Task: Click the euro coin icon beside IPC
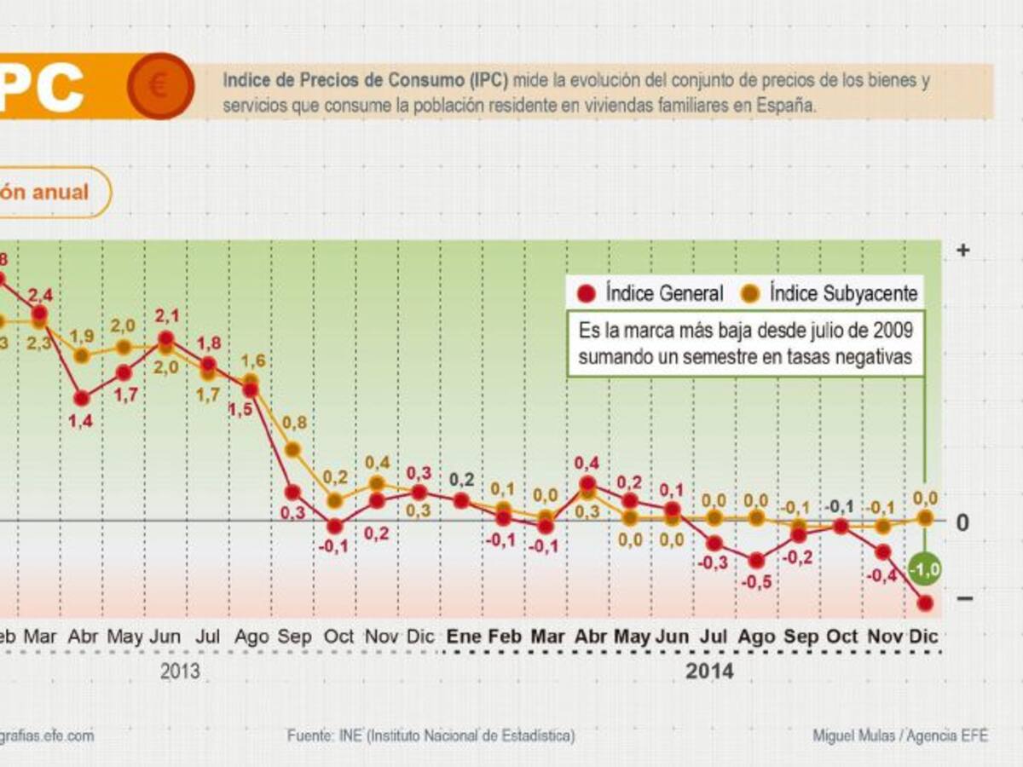tap(159, 86)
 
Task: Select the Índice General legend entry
tap(651, 294)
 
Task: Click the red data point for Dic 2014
tap(925, 603)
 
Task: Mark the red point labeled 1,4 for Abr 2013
tap(82, 398)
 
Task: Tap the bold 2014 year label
tap(709, 672)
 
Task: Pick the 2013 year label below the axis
tap(180, 672)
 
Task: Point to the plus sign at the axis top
tap(963, 251)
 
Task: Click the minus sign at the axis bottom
tap(964, 598)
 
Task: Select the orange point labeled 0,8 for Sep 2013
tap(292, 449)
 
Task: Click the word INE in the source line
tap(350, 735)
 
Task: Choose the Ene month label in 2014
tap(464, 637)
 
